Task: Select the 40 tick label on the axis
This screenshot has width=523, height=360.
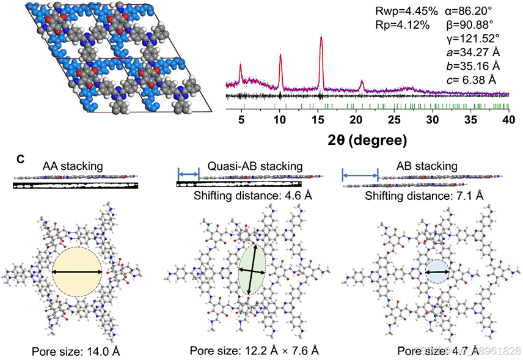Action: [507, 119]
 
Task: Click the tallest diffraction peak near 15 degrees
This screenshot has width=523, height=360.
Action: [321, 39]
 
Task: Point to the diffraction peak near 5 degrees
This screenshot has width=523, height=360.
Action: [241, 64]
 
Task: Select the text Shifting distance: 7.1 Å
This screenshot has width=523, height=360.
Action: [424, 196]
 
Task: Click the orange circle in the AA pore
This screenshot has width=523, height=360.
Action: [78, 272]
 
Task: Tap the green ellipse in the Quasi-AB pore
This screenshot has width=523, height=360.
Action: [251, 270]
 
